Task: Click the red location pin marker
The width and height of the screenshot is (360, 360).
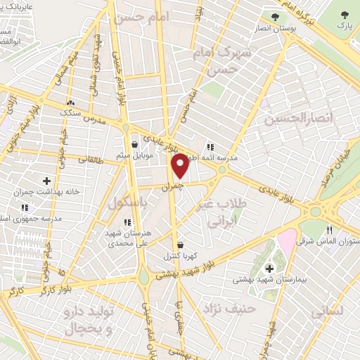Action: pyautogui.click(x=180, y=165)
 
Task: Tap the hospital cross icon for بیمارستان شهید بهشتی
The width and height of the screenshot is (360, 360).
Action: pyautogui.click(x=270, y=268)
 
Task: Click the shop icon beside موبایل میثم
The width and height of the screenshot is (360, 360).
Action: pyautogui.click(x=134, y=146)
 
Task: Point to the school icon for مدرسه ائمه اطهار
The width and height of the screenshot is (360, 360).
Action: pyautogui.click(x=210, y=146)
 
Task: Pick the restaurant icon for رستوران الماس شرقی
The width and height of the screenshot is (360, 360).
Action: pyautogui.click(x=330, y=231)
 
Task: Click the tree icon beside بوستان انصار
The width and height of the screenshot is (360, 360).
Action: pyautogui.click(x=274, y=15)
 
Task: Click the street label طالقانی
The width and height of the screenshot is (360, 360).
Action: pyautogui.click(x=89, y=160)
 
